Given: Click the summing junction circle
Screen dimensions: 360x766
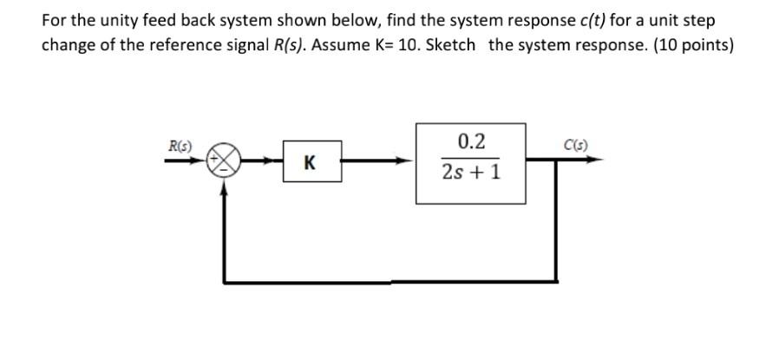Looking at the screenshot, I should [x=225, y=160].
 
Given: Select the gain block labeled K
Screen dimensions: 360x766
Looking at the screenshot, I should [x=311, y=160].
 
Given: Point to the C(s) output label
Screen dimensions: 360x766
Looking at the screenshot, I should [x=573, y=146].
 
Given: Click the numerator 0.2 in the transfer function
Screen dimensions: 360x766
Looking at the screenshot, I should [x=470, y=141].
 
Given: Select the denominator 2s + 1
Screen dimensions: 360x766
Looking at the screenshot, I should [x=470, y=172].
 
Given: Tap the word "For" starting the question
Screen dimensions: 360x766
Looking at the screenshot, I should [x=55, y=20].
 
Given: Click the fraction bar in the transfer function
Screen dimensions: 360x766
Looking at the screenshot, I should [x=470, y=157].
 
